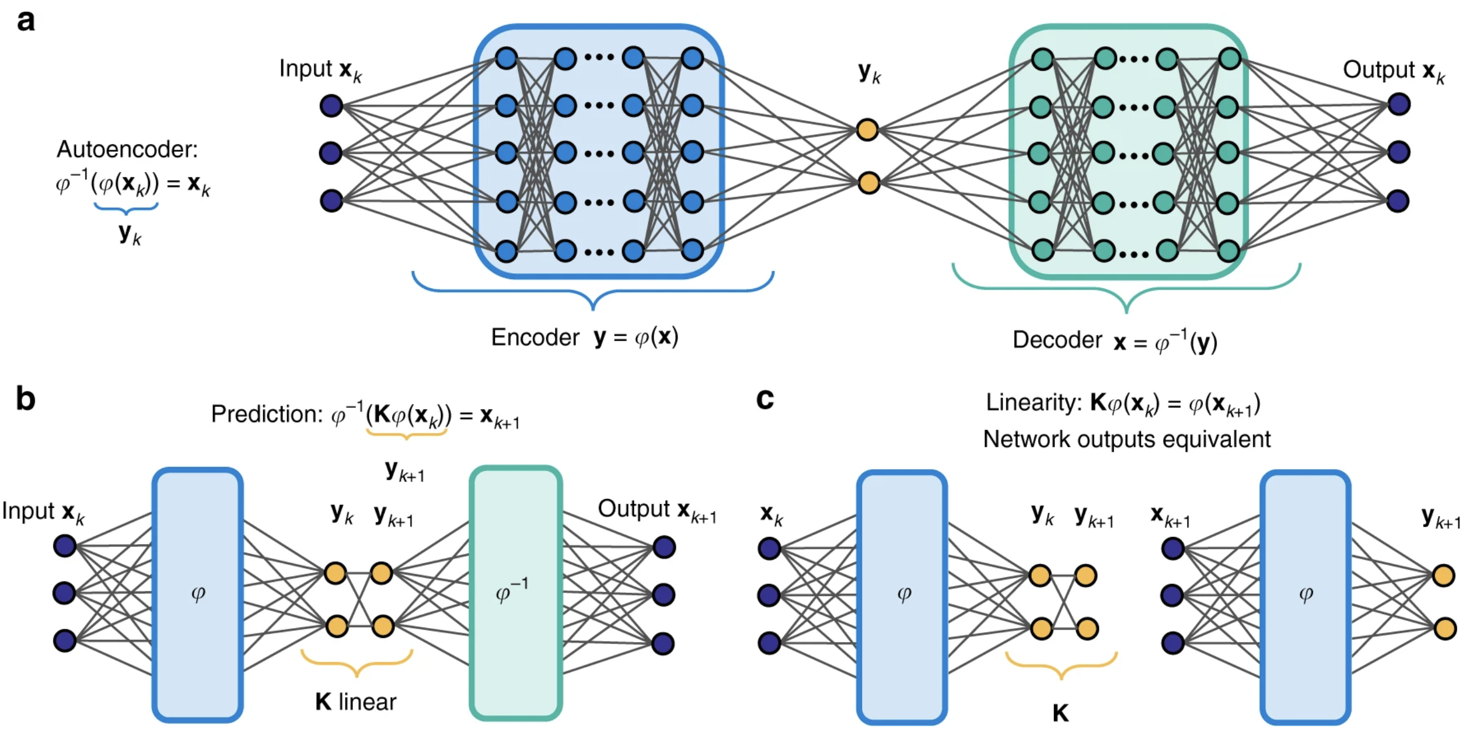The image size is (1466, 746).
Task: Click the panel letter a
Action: [x=26, y=21]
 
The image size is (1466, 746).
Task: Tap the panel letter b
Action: [x=26, y=399]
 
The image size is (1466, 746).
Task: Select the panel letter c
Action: [x=765, y=399]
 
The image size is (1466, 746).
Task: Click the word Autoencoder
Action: [x=127, y=149]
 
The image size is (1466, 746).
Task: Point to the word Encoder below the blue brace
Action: [x=535, y=337]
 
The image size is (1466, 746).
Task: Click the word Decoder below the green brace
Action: [x=1057, y=340]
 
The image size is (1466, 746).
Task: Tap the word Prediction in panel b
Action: [x=266, y=414]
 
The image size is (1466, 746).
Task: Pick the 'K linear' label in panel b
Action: [x=355, y=702]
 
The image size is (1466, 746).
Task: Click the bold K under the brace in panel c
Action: [x=1060, y=713]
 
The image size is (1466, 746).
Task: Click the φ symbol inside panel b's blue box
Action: [x=198, y=594]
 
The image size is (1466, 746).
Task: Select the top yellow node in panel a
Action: [x=868, y=130]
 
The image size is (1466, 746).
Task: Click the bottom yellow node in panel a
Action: [x=869, y=183]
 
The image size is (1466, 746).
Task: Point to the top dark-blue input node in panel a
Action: [x=331, y=106]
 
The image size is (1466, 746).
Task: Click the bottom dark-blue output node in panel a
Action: [x=1398, y=201]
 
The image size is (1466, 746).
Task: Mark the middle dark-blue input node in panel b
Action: [x=64, y=593]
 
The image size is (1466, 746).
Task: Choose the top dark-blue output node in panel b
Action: [x=664, y=548]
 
